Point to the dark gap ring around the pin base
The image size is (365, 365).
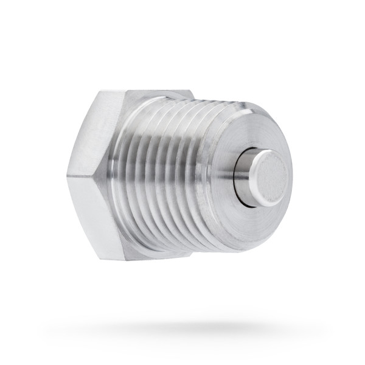235,182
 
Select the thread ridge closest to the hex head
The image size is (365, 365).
137,176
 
